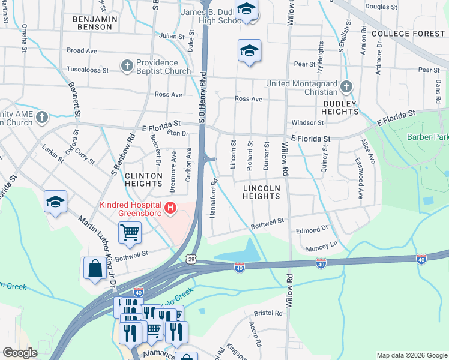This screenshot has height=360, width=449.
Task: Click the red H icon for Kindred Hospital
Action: point(171,209)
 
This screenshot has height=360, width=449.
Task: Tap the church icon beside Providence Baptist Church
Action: point(127,65)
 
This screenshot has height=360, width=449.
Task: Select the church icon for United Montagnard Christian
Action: point(345,88)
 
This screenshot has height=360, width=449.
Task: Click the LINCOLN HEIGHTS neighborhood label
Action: point(261,192)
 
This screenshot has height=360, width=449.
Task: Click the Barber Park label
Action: point(427,137)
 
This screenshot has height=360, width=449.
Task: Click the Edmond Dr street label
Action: point(312,229)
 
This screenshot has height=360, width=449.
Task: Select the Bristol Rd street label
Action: point(268,313)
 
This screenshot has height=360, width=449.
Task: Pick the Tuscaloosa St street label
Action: point(87,70)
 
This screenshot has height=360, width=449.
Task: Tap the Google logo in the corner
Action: point(20,353)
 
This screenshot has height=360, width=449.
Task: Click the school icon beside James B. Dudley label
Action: point(246,10)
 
